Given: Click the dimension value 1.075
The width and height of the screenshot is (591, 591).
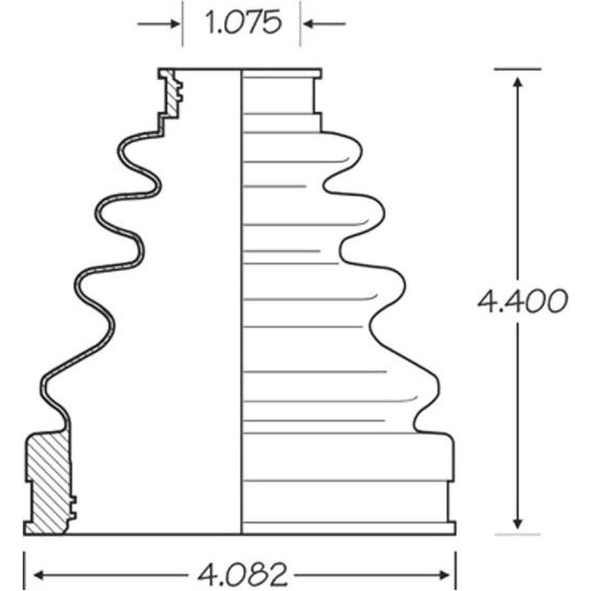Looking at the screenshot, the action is (244, 22).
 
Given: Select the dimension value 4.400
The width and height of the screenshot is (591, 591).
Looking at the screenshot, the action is (523, 301).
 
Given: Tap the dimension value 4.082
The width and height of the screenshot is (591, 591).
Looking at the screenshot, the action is (242, 575).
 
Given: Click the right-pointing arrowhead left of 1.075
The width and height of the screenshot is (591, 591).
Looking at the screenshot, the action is (175, 24).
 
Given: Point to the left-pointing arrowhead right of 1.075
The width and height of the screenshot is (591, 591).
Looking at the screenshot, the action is (309, 24).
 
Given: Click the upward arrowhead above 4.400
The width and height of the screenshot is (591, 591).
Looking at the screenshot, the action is (518, 83).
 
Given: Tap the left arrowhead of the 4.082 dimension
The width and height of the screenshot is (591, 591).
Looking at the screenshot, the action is (39, 575).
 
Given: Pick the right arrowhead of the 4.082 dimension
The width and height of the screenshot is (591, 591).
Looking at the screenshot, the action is (444, 575).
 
